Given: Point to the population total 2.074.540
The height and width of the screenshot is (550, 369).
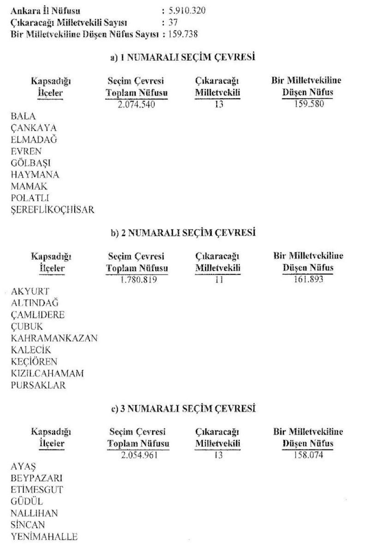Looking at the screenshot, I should (x=137, y=104).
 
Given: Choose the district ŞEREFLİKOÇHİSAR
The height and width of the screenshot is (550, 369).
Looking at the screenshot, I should (x=53, y=210).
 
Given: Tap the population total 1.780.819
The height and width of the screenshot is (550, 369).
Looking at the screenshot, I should (x=137, y=279).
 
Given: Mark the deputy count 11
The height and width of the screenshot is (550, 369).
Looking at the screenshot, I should (x=219, y=279).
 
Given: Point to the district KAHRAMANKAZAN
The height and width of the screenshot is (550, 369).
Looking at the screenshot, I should (x=54, y=338).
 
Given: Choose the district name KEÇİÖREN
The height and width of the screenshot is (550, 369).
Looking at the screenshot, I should (x=34, y=362).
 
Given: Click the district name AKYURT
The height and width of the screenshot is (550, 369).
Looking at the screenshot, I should (x=30, y=291).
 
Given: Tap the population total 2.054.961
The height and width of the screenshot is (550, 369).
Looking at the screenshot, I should (x=138, y=455).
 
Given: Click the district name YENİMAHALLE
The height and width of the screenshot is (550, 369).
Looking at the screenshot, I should (x=44, y=537).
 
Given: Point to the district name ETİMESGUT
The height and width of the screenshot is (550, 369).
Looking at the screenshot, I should (x=37, y=490).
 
